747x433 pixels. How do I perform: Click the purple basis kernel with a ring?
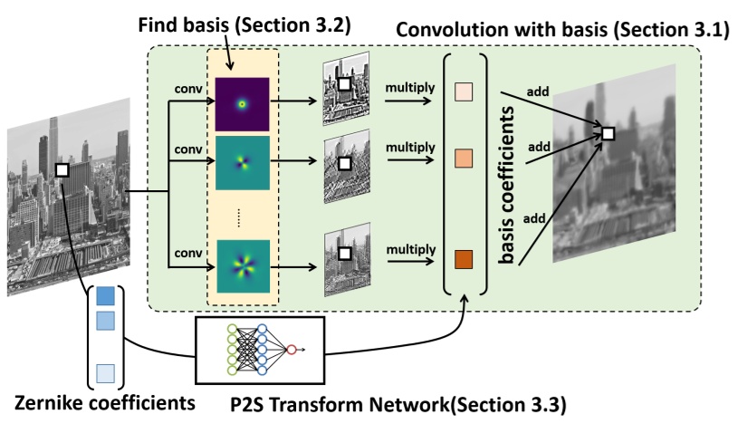242,103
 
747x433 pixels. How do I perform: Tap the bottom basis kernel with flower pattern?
242,265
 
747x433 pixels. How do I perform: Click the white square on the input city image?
62,169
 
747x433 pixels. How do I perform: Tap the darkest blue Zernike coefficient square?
105,296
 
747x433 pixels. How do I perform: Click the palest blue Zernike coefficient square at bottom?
105,371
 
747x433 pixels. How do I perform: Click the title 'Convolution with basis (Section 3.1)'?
562,31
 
